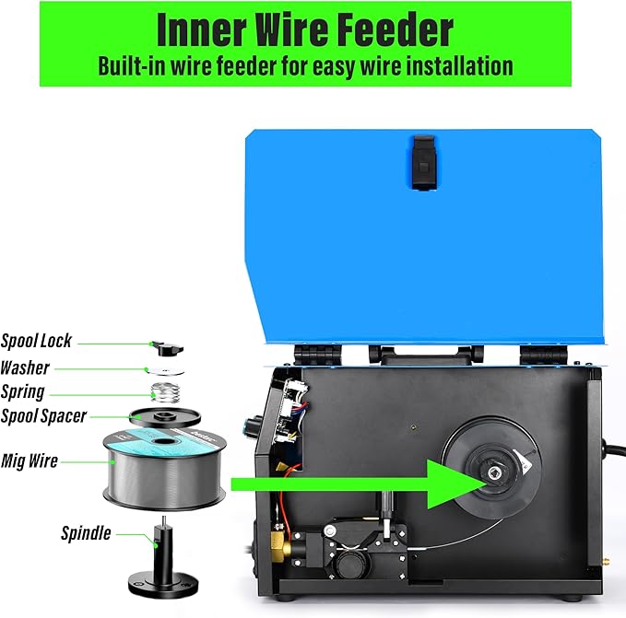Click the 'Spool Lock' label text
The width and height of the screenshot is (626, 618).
tap(36, 341)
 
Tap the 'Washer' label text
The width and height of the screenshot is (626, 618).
tap(25, 367)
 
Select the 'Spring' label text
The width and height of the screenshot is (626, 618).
tap(23, 391)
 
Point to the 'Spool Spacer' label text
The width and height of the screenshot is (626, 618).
tap(44, 416)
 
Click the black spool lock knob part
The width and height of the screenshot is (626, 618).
tap(166, 348)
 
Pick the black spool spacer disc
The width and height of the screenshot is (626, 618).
tap(166, 419)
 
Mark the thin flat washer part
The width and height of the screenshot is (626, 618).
tap(167, 370)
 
